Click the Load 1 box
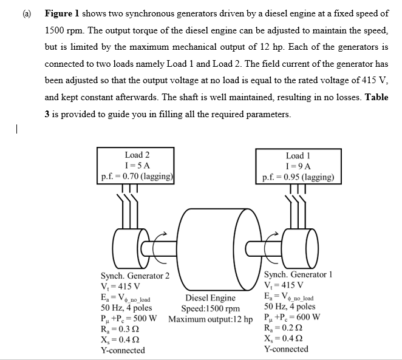298,166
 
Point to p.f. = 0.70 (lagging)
137,177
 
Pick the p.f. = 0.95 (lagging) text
298,178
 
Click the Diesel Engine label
210,297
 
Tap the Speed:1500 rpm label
210,308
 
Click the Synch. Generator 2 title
134,276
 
